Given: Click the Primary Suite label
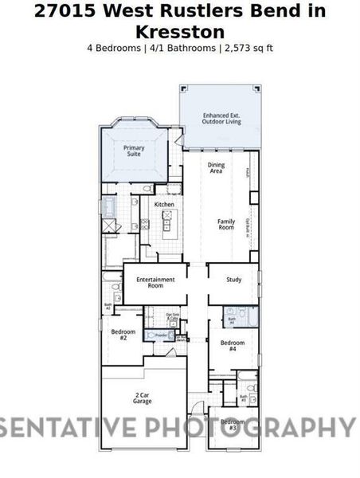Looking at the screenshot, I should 133,151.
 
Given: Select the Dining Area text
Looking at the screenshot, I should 216,168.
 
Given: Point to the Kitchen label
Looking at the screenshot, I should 164,205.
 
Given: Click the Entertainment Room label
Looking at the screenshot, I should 155,282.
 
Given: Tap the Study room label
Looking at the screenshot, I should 233,280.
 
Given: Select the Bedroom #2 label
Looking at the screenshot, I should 123,335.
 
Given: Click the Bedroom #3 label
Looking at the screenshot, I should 232,425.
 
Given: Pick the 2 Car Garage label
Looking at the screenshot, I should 143,398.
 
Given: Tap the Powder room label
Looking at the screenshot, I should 162,336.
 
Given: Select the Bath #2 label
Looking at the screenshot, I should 108,305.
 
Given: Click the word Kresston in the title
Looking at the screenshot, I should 179,31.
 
